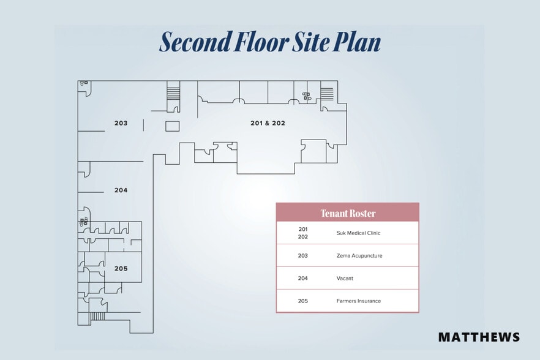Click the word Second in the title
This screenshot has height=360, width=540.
coord(195,42)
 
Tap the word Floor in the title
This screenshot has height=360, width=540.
coord(261,42)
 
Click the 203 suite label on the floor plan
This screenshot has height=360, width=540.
coord(121,123)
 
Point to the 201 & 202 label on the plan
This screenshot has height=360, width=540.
coord(268,123)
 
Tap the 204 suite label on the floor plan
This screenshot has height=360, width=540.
coord(121,190)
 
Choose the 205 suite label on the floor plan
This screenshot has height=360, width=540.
coord(121,268)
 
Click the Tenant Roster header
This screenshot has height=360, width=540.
coord(348,213)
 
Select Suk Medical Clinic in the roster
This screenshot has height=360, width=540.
coord(359,233)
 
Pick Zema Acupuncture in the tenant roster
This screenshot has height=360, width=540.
coord(359,256)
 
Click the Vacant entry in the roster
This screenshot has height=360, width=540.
coord(345,279)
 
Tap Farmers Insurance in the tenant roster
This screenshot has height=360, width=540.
coord(359,301)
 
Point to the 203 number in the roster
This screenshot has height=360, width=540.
coord(302,256)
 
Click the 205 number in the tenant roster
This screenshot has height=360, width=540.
coord(302,301)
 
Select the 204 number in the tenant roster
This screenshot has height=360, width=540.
coord(302,279)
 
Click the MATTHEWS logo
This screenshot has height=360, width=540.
coord(479,337)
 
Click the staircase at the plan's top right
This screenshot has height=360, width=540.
coord(327,94)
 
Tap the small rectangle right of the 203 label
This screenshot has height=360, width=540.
coord(172,126)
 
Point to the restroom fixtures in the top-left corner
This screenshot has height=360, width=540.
coord(84,83)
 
